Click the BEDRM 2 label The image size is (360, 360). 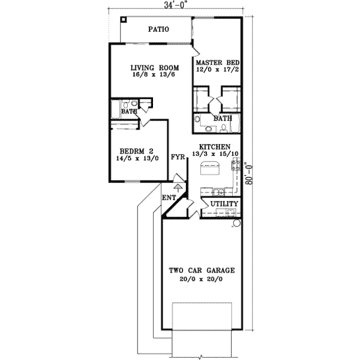tap(134, 151)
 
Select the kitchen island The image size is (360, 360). tap(209, 170)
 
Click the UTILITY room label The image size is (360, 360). tap(224, 205)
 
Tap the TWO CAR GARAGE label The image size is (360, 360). tap(201, 271)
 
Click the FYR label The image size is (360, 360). tap(178, 157)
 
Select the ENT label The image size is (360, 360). tap(169, 197)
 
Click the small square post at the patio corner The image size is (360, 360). tap(124, 19)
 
